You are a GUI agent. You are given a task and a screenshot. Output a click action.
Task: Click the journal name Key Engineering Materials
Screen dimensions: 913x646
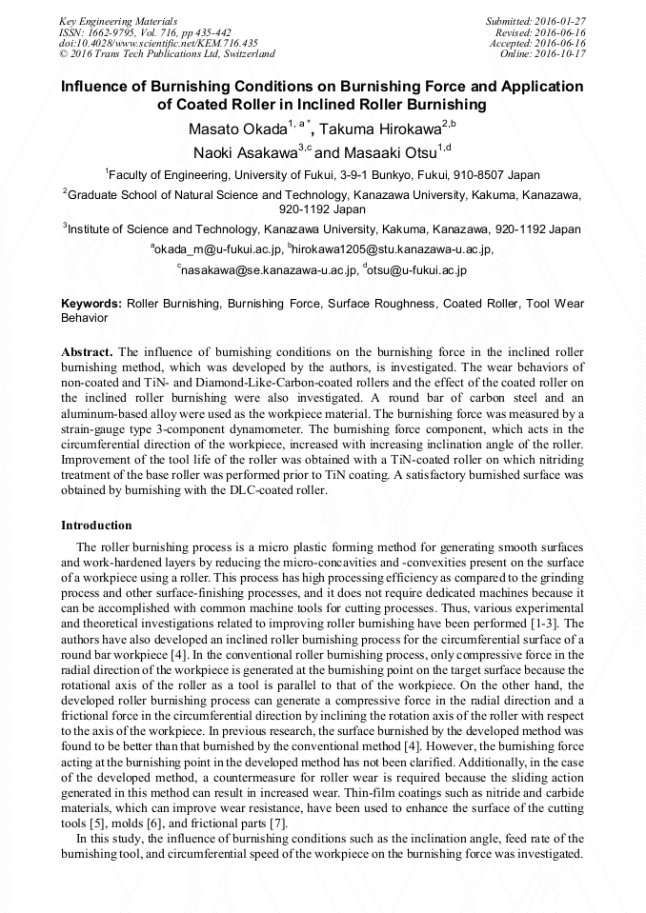120,20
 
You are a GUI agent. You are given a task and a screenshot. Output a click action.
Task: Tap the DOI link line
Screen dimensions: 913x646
158,43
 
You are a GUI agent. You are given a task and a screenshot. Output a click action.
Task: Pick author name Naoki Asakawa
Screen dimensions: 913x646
244,152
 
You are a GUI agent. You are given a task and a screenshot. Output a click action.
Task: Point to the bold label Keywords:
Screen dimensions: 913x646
91,304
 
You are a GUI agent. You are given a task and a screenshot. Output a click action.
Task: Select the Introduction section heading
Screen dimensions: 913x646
96,526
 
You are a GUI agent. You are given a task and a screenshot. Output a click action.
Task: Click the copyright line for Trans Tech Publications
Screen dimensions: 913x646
167,54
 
